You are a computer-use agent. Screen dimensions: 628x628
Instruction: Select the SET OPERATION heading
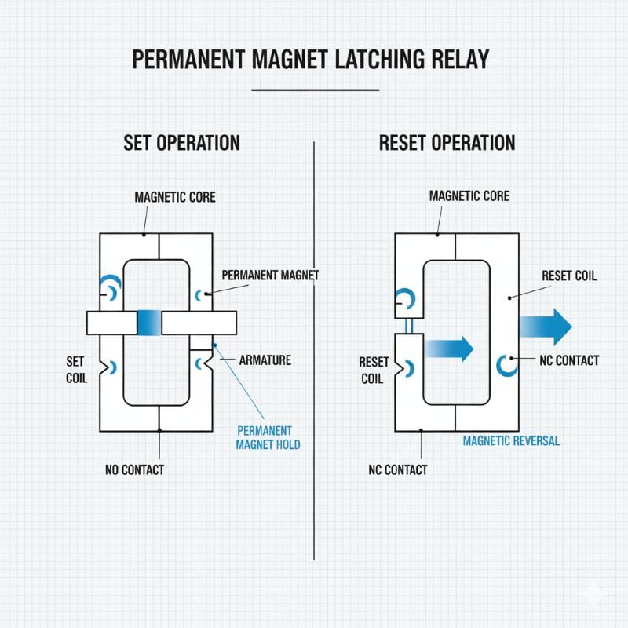pos(181,143)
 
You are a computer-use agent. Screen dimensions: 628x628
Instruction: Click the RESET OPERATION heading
pos(447,143)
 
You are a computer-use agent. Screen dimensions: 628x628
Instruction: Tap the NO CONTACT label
pos(134,470)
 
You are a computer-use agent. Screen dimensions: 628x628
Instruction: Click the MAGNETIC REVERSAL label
pos(511,440)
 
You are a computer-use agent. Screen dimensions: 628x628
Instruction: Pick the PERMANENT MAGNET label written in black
pos(270,276)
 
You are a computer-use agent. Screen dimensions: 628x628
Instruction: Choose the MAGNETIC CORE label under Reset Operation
pos(469,196)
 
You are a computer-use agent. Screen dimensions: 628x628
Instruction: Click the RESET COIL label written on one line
pos(569,276)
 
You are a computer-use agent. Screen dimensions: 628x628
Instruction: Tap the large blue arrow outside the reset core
pos(545,326)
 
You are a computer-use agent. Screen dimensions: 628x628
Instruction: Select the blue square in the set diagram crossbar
pos(148,323)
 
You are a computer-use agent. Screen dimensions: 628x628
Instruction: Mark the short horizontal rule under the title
pos(315,89)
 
